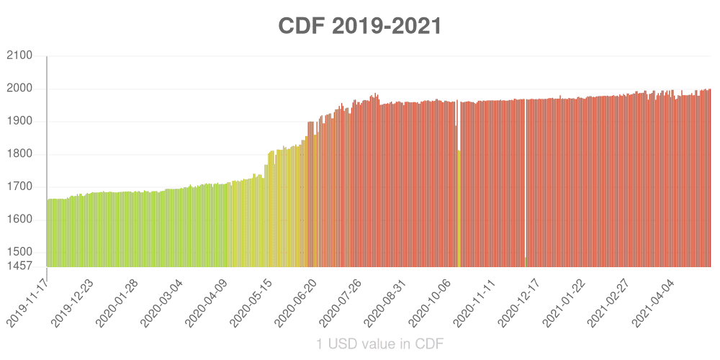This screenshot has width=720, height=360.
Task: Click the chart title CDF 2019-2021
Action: coord(360,27)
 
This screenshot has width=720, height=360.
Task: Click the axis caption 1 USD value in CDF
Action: coord(379,344)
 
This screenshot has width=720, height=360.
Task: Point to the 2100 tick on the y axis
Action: coord(19,56)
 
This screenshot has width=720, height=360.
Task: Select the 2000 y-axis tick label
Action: coord(19,89)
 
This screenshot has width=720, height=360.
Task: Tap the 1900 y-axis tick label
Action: coord(19,122)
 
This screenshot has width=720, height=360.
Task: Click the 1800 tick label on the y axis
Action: coord(19,154)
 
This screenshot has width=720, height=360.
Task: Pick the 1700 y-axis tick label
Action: coord(19,186)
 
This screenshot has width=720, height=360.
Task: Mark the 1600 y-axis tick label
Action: coord(19,220)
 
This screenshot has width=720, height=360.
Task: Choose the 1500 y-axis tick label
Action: coord(19,252)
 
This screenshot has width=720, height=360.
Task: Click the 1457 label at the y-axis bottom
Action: coord(19,266)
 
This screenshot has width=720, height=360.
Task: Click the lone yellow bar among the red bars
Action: coord(459,209)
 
